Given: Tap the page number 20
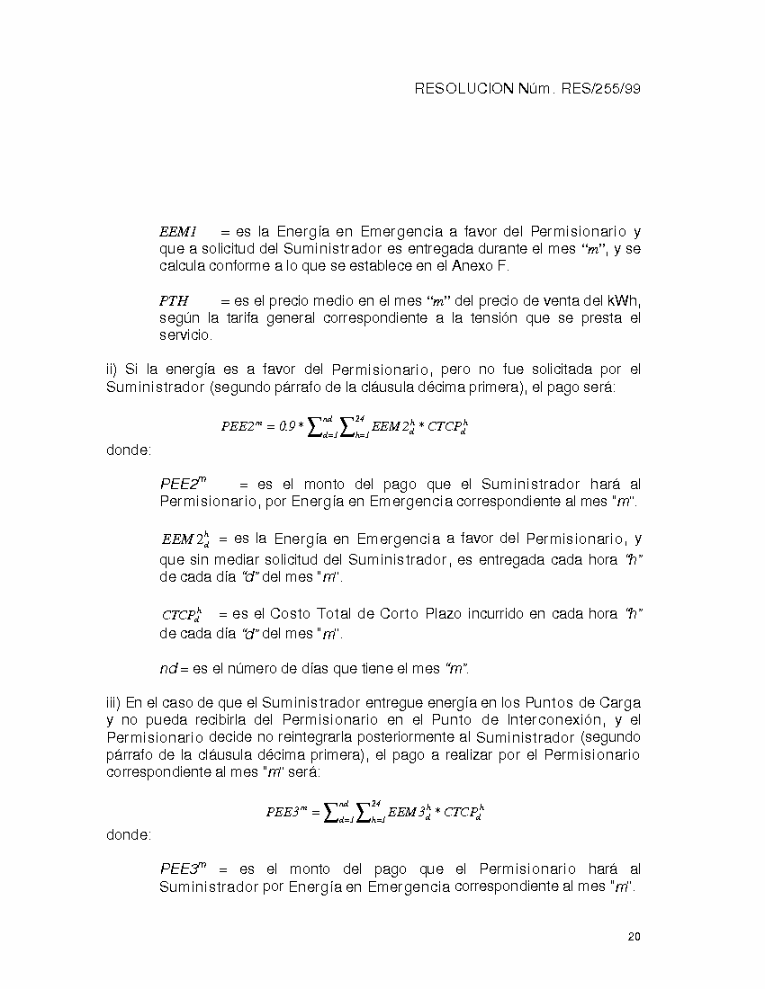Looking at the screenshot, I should coord(634,937).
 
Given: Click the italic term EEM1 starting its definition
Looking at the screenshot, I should coord(178,232).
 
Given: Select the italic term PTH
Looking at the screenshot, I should coord(174,301).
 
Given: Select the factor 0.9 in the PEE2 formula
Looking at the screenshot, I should coord(288,427).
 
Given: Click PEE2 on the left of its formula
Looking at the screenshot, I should coord(240,426).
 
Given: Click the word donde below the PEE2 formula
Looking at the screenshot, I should coord(129,450).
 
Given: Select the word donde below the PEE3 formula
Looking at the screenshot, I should coord(129,835).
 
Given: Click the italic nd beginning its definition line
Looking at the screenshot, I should coord(168,669).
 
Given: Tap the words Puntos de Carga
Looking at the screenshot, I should coord(589,702).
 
